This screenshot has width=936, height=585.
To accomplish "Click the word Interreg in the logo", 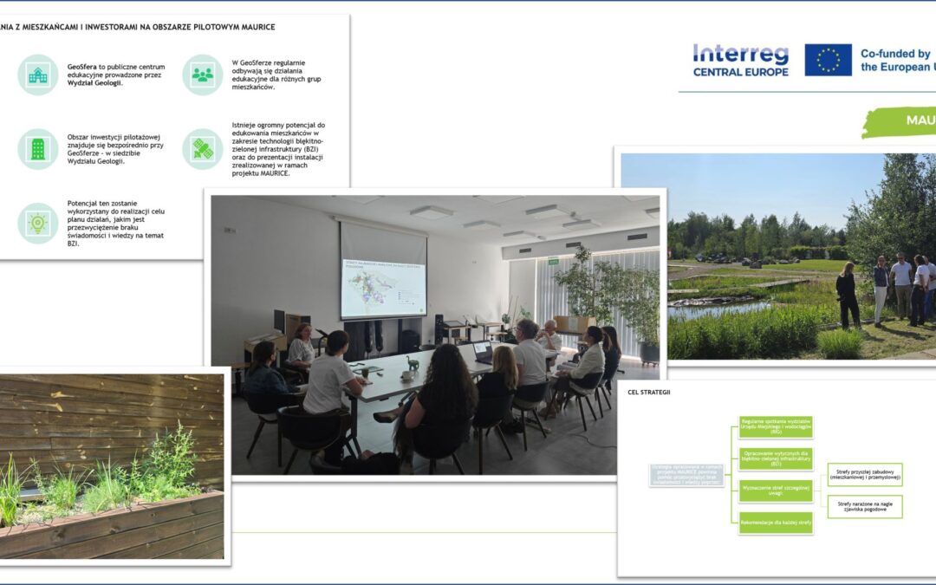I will (x=740, y=54).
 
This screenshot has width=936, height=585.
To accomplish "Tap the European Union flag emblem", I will (x=828, y=60).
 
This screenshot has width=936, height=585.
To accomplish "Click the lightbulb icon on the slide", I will (x=38, y=223).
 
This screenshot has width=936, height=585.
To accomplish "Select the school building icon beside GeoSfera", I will (x=38, y=75).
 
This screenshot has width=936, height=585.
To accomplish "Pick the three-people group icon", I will (x=202, y=75).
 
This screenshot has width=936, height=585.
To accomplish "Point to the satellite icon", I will (x=202, y=148).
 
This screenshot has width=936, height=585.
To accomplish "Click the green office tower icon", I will (x=38, y=148).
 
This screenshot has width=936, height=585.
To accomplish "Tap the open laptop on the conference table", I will (x=483, y=352).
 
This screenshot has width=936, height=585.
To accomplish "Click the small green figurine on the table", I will (x=413, y=364).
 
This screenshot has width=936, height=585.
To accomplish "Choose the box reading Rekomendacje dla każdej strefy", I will (x=776, y=523).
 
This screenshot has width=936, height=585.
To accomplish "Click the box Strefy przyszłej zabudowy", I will (x=864, y=474).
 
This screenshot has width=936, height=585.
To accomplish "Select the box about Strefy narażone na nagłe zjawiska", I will (x=864, y=506).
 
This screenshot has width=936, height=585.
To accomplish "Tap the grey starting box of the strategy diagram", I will (x=686, y=474).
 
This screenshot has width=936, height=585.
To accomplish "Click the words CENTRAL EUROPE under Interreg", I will (x=740, y=72).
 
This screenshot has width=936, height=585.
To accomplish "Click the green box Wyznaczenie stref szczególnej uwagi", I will (x=776, y=491).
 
